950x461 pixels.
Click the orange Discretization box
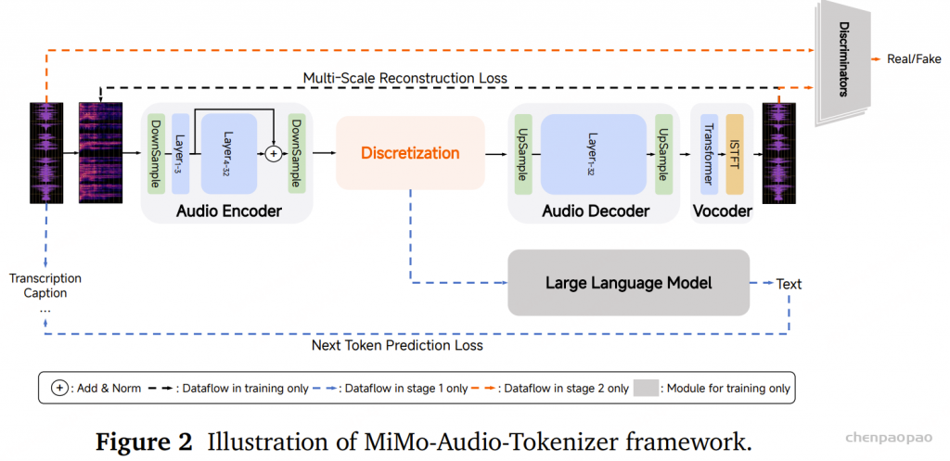pyautogui.click(x=410, y=152)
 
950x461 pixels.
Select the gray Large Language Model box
pyautogui.click(x=628, y=282)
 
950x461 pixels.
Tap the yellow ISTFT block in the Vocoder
pyautogui.click(x=735, y=153)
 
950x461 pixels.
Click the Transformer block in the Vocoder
pyautogui.click(x=708, y=153)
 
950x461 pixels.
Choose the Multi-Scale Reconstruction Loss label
pyautogui.click(x=405, y=78)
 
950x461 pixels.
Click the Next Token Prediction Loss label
pyautogui.click(x=397, y=345)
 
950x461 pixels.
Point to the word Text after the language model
pyautogui.click(x=789, y=284)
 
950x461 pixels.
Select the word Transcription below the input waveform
pyautogui.click(x=45, y=278)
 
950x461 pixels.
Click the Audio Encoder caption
pyautogui.click(x=229, y=211)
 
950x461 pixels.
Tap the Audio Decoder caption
pyautogui.click(x=596, y=211)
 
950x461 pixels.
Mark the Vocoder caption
pyautogui.click(x=722, y=211)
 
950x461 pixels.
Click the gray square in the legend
pyautogui.click(x=644, y=389)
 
